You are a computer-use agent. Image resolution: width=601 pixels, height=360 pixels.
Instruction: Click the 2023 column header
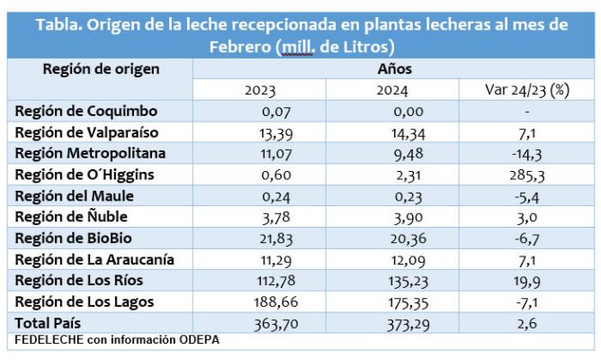pos(259,90)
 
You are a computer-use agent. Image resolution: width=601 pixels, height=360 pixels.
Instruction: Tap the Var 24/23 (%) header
pos(526,90)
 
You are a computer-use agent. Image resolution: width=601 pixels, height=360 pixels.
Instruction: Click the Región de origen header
pos(88,69)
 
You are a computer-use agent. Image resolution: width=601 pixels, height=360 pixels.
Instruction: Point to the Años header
pos(392,69)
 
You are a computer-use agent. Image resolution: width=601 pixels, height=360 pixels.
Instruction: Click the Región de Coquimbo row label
pos(86,112)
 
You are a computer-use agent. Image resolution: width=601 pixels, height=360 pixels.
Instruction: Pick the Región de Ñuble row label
pos(73,216)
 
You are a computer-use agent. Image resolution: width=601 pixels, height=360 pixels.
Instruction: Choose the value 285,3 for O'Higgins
pos(526,175)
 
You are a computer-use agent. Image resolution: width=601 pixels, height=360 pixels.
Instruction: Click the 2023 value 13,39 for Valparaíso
pos(259,132)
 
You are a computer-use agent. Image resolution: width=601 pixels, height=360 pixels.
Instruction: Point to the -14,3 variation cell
pos(526,153)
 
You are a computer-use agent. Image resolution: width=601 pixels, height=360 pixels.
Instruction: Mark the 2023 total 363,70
pos(259,321)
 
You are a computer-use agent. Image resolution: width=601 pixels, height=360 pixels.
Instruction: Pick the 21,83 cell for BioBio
pos(259,238)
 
